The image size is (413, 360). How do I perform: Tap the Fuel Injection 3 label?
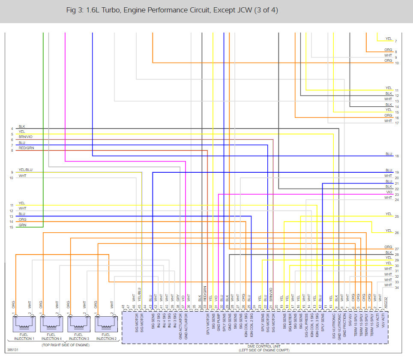pos(78,336)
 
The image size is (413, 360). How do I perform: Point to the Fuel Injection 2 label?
pos(105,336)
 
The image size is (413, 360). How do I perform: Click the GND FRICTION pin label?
pos(344,326)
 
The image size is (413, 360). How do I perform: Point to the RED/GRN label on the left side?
pos(26,148)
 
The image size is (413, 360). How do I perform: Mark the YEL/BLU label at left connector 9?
pos(25,170)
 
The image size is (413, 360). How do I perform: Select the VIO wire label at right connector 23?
pos(389,192)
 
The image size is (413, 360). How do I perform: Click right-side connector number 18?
pos(397,156)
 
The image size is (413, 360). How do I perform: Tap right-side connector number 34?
pos(397,288)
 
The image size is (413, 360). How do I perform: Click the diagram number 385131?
pos(13,350)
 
